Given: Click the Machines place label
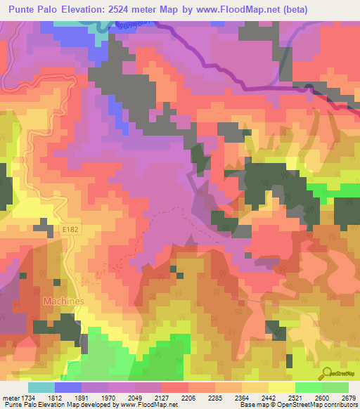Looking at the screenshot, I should (x=64, y=301).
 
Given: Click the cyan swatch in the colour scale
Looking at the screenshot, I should (x=41, y=388).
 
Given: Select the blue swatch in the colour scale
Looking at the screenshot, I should (x=68, y=388).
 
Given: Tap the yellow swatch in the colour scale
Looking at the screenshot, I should (x=282, y=388).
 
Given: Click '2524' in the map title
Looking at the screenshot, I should (x=114, y=10).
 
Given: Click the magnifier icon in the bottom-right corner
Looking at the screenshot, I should (x=327, y=372).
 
